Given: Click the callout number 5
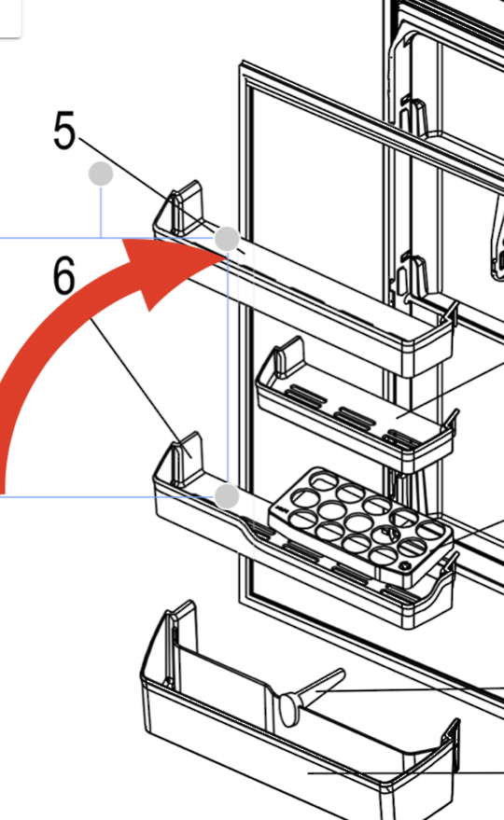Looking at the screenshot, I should point(63,132).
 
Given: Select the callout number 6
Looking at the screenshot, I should point(63,277).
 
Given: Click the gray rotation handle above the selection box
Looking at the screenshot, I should point(101,174).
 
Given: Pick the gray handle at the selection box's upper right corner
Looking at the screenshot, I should point(227,239).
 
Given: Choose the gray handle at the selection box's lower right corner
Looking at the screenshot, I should point(227,495).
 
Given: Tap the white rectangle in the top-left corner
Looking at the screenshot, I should point(9,17).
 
